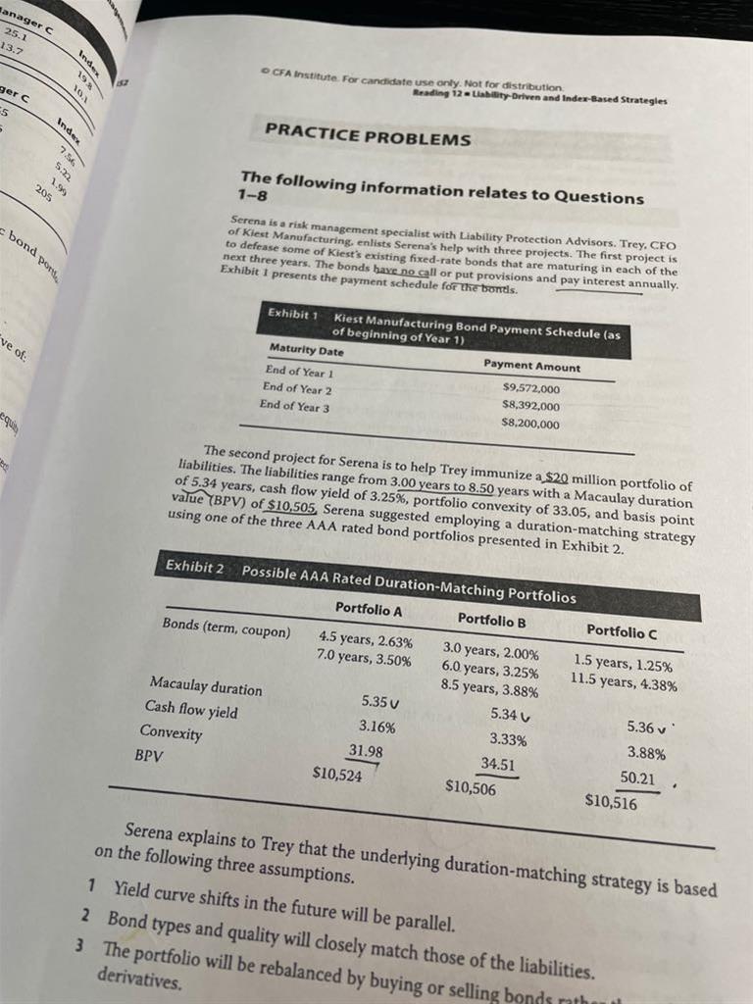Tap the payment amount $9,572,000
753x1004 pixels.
530,388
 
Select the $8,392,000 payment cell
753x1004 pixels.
530,406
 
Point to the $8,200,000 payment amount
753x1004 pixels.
530,424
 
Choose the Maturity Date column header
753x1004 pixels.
306,350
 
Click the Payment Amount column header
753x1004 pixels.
531,367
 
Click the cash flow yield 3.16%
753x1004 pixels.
377,727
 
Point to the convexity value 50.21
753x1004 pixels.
637,778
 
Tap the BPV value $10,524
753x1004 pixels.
336,773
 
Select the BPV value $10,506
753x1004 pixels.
471,786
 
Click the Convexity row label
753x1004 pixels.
171,732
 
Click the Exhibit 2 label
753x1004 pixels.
194,566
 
